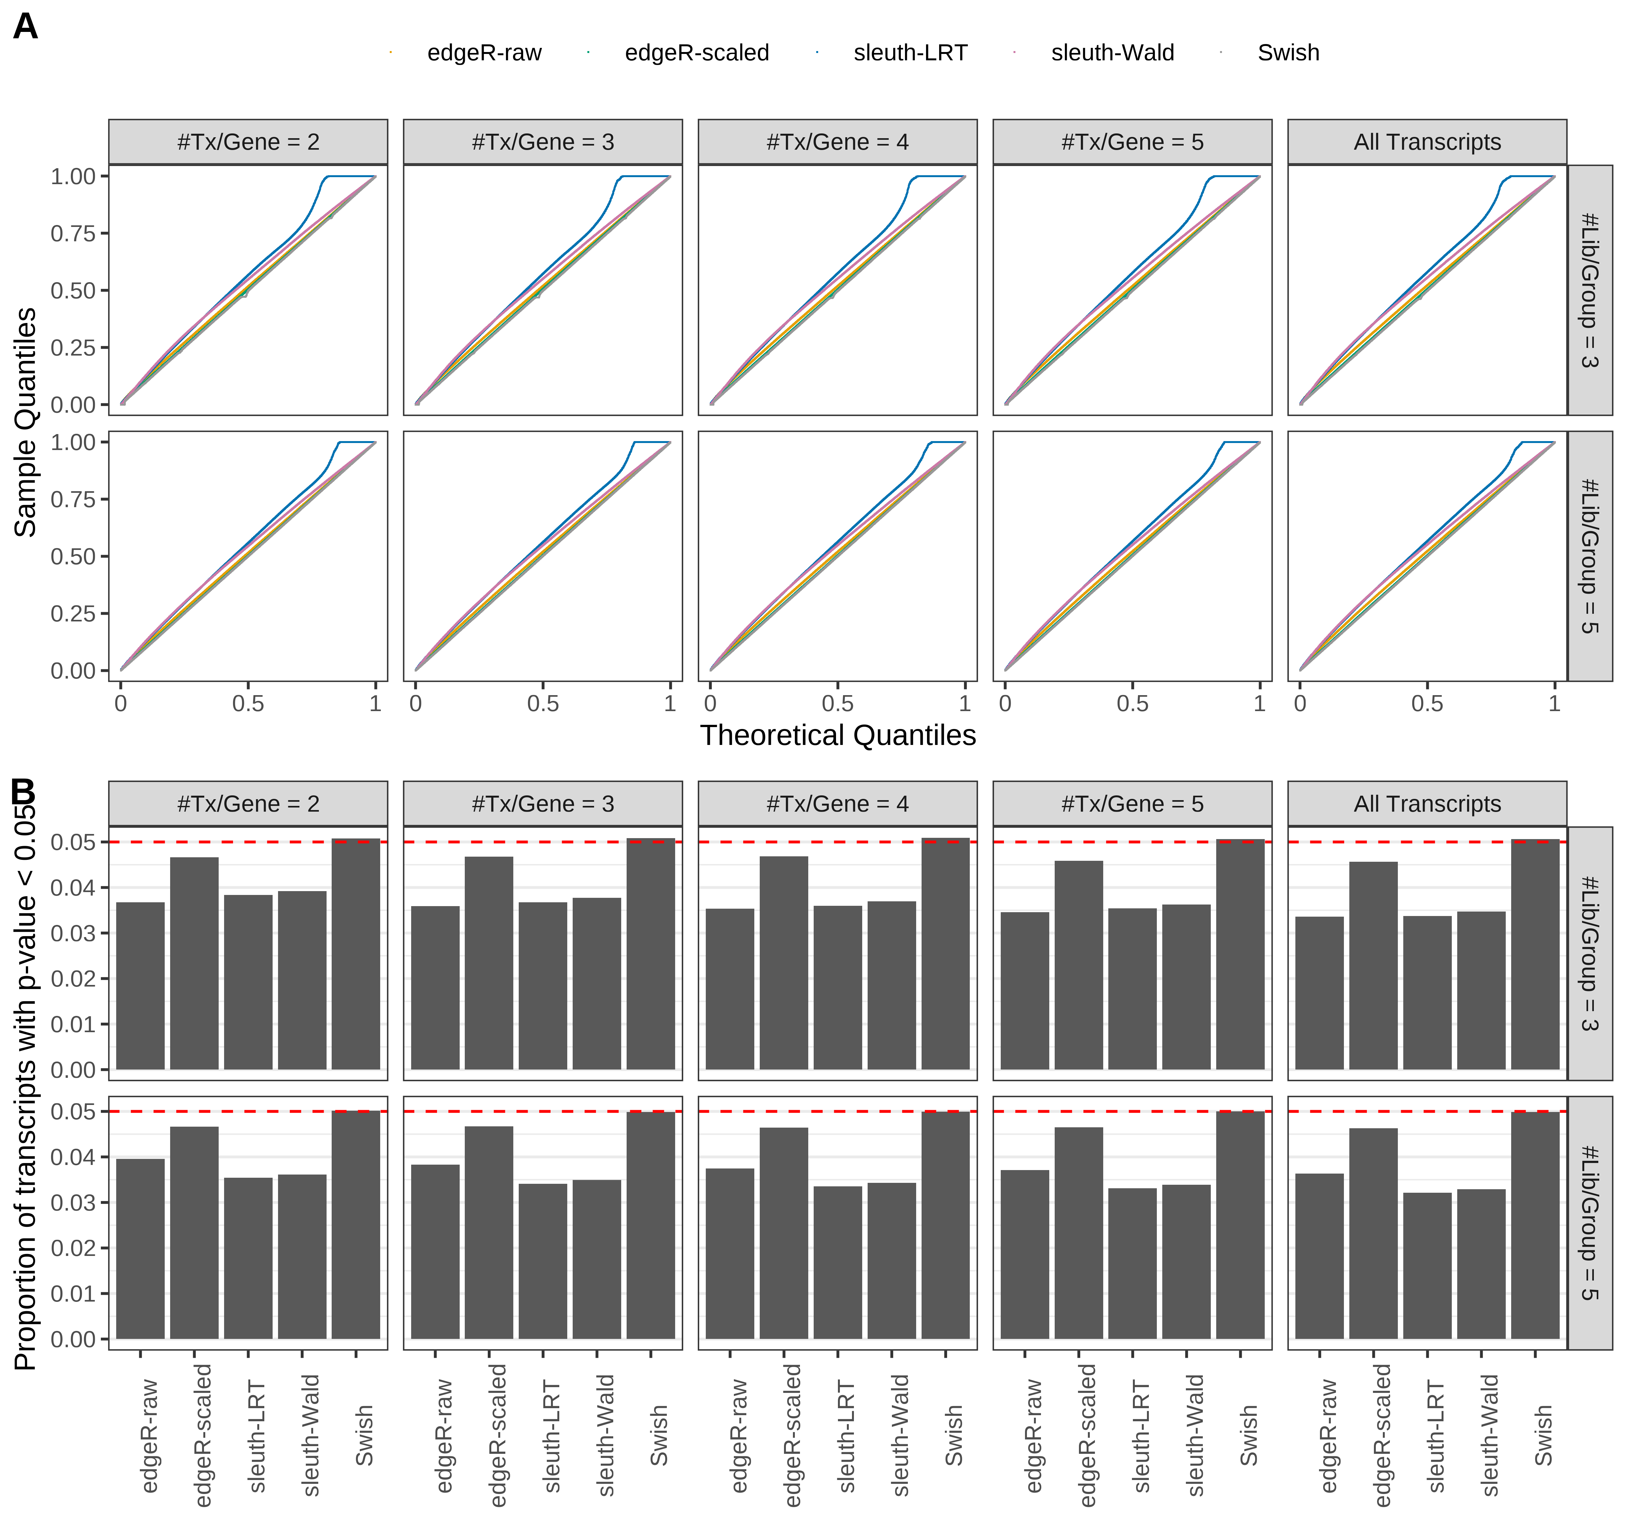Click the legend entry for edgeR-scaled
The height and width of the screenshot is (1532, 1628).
pyautogui.click(x=696, y=53)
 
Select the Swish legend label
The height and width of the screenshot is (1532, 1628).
pyautogui.click(x=1287, y=53)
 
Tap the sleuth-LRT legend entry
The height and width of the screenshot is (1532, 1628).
pyautogui.click(x=910, y=53)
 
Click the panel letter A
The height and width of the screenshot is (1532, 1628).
pyautogui.click(x=26, y=27)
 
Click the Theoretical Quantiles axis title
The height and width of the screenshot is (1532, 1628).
pyautogui.click(x=837, y=735)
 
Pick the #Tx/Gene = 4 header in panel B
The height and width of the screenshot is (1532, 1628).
pyautogui.click(x=837, y=804)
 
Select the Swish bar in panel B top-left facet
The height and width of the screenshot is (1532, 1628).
pyautogui.click(x=355, y=954)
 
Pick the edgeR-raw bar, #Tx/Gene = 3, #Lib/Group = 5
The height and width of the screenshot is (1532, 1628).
pyautogui.click(x=435, y=1251)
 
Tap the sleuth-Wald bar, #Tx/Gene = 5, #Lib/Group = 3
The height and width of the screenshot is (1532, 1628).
pyautogui.click(x=1186, y=987)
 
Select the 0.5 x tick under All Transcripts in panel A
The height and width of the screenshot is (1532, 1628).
pyautogui.click(x=1427, y=703)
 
